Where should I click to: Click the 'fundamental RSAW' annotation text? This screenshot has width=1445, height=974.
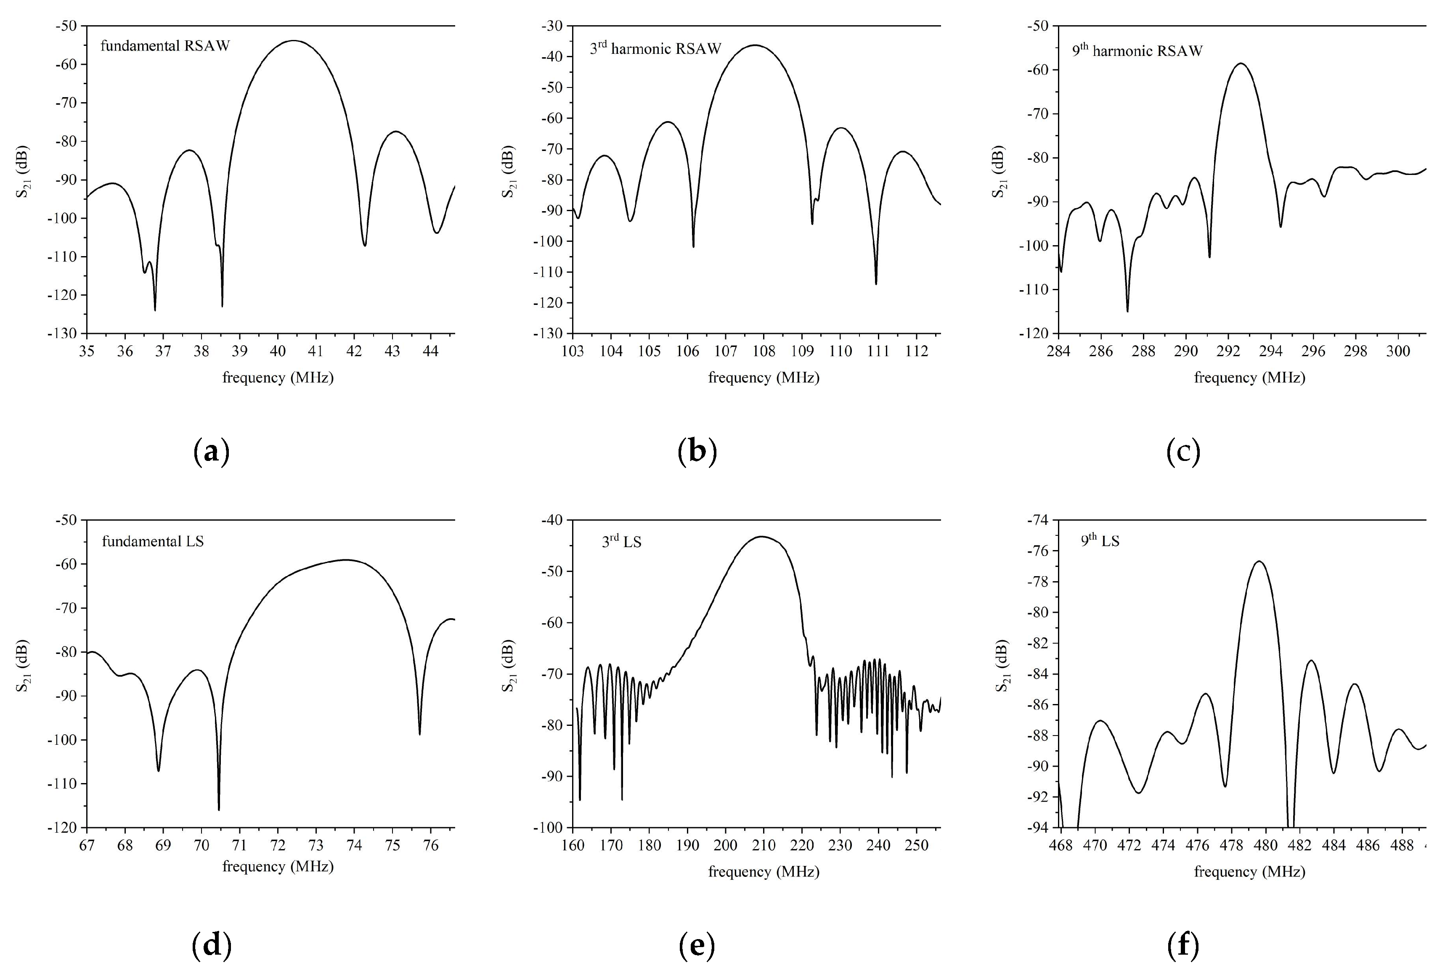(x=165, y=45)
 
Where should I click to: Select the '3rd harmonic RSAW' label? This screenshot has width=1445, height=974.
(x=655, y=48)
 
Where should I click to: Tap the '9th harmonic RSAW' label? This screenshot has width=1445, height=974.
(x=1137, y=50)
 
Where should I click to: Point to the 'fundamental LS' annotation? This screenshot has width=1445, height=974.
(x=153, y=541)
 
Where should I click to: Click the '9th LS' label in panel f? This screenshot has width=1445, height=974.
(x=1100, y=540)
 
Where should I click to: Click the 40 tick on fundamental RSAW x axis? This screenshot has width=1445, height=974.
(x=278, y=351)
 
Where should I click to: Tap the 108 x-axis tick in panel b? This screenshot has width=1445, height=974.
(x=764, y=351)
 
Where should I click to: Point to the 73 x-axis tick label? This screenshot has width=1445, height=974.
(x=316, y=845)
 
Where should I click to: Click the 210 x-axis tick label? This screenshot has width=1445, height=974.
(x=764, y=845)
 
